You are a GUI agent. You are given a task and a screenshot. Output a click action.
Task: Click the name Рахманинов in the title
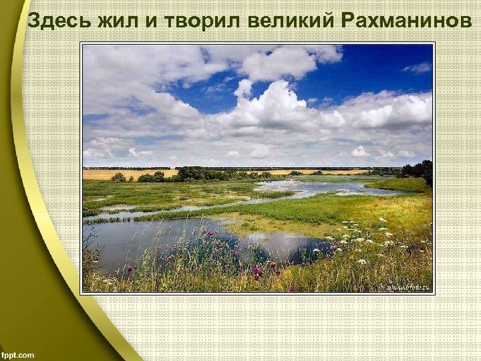pos(406,23)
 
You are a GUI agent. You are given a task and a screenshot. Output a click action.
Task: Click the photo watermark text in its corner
pos(406,287)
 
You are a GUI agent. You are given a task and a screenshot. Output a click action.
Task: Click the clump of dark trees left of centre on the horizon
pos(194,174)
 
